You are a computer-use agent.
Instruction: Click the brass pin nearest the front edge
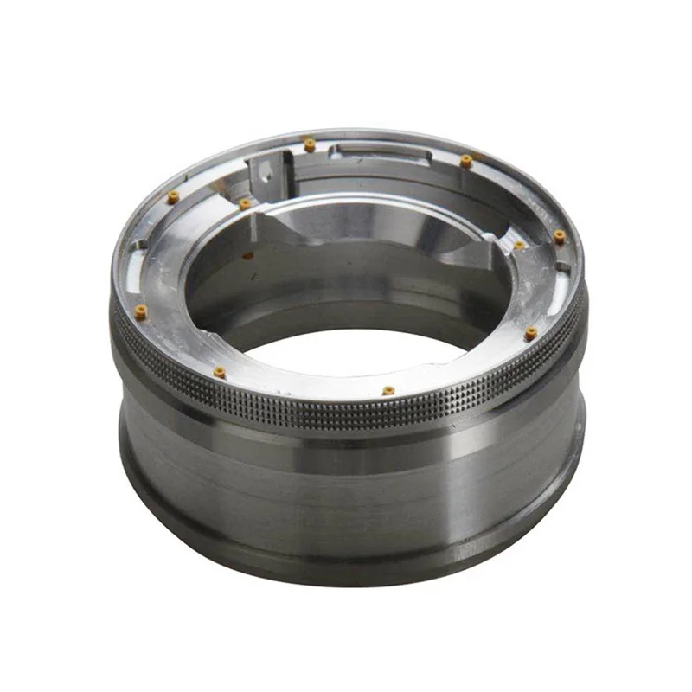pos(388,390)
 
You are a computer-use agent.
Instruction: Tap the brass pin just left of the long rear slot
pos(309,144)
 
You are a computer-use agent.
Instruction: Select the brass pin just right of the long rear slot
pos(466,161)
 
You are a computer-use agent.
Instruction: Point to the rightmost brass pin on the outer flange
pos(560,235)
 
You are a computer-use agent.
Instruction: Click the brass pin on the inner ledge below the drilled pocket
pos(245,204)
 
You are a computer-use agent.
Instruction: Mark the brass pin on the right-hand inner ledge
pos(519,246)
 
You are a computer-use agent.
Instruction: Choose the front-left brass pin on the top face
pos(219,372)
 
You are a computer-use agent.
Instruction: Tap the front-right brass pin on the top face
pos(531,331)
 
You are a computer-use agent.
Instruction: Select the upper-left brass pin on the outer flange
pos(173,197)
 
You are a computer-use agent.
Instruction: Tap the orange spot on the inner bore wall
pos(248,255)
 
